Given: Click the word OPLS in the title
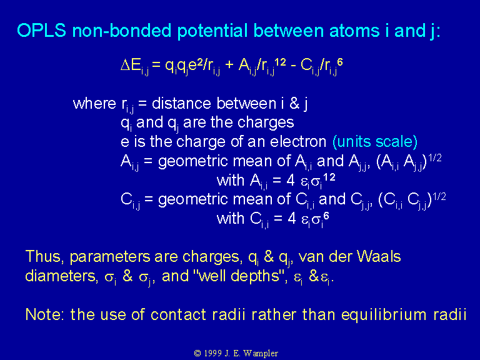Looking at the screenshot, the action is [x=42, y=31].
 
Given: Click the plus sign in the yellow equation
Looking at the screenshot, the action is [x=229, y=66].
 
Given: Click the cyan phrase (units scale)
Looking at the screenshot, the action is [x=375, y=142].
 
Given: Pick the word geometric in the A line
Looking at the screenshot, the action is [x=191, y=162].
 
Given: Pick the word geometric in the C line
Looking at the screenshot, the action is [x=191, y=200].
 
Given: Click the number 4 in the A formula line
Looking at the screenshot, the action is [x=291, y=181].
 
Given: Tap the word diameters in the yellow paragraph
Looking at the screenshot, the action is [x=60, y=276].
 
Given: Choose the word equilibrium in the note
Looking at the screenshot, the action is [x=384, y=315].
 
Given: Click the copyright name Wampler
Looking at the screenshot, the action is [x=261, y=353].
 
